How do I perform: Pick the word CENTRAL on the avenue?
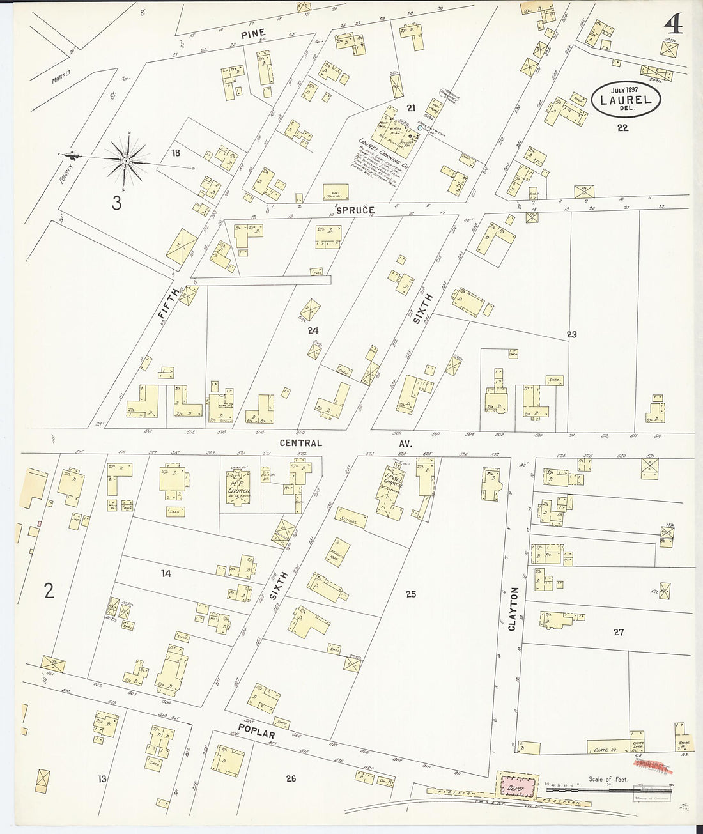tap(300, 443)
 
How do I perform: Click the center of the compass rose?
tap(128, 161)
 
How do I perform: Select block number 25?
tap(410, 594)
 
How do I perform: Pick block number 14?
tap(166, 574)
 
